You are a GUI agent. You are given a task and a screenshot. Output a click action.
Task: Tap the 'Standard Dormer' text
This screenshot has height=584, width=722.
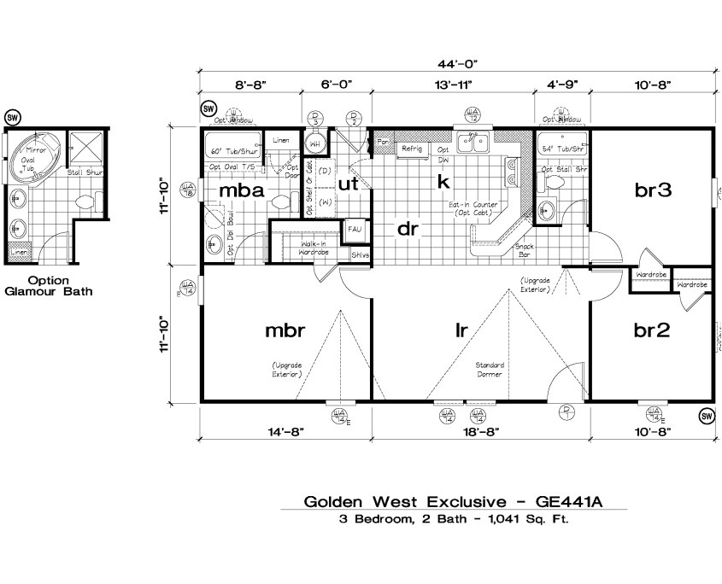pyautogui.click(x=490, y=370)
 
